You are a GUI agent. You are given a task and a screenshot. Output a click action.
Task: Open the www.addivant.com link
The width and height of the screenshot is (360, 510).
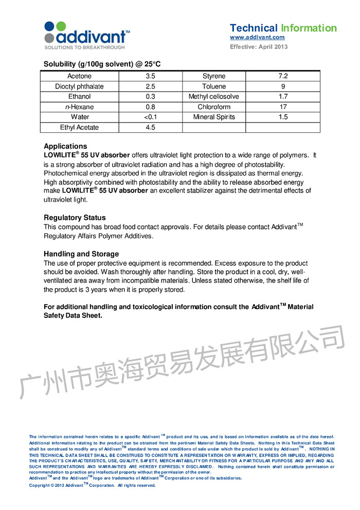pyautogui.click(x=257, y=38)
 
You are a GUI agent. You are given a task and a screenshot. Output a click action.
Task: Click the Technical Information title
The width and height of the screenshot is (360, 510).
pyautogui.click(x=283, y=28)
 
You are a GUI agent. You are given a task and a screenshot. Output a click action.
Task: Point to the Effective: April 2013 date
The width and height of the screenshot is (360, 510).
pyautogui.click(x=259, y=47)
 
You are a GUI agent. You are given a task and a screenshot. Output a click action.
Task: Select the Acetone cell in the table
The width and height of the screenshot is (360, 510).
pyautogui.click(x=79, y=76)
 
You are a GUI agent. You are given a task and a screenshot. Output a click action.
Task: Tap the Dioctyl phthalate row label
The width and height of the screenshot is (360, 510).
pyautogui.click(x=79, y=86)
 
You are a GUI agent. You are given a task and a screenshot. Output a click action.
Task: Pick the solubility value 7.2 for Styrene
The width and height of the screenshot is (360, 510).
pyautogui.click(x=283, y=76)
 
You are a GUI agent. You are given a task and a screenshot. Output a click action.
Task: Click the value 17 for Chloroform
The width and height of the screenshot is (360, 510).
pyautogui.click(x=283, y=107)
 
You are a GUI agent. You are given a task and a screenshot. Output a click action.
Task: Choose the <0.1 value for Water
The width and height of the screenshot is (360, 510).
pyautogui.click(x=150, y=117)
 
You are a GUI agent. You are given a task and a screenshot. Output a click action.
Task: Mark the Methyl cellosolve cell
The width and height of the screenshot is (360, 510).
pyautogui.click(x=214, y=97)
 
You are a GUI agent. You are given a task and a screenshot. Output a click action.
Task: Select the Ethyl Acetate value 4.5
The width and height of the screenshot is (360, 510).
pyautogui.click(x=150, y=128)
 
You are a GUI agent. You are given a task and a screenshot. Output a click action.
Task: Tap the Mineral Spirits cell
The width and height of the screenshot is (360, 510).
pyautogui.click(x=214, y=117)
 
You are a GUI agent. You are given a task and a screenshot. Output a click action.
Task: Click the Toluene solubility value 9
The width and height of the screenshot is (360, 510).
pyautogui.click(x=283, y=86)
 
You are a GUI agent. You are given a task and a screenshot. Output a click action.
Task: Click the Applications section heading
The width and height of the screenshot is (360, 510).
pyautogui.click(x=65, y=146)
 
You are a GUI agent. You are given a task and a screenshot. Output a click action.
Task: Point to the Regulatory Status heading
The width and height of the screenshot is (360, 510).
pyautogui.click(x=75, y=218)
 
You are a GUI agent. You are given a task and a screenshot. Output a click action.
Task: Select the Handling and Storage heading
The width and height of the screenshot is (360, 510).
pyautogui.click(x=81, y=254)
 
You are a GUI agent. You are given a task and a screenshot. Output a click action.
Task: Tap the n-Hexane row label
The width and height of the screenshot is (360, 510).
pyautogui.click(x=79, y=107)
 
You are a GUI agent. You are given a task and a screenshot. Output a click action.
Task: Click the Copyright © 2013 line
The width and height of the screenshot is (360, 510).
pyautogui.click(x=92, y=485)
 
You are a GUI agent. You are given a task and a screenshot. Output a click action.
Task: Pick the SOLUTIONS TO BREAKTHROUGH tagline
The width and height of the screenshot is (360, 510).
pyautogui.click(x=85, y=47)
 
